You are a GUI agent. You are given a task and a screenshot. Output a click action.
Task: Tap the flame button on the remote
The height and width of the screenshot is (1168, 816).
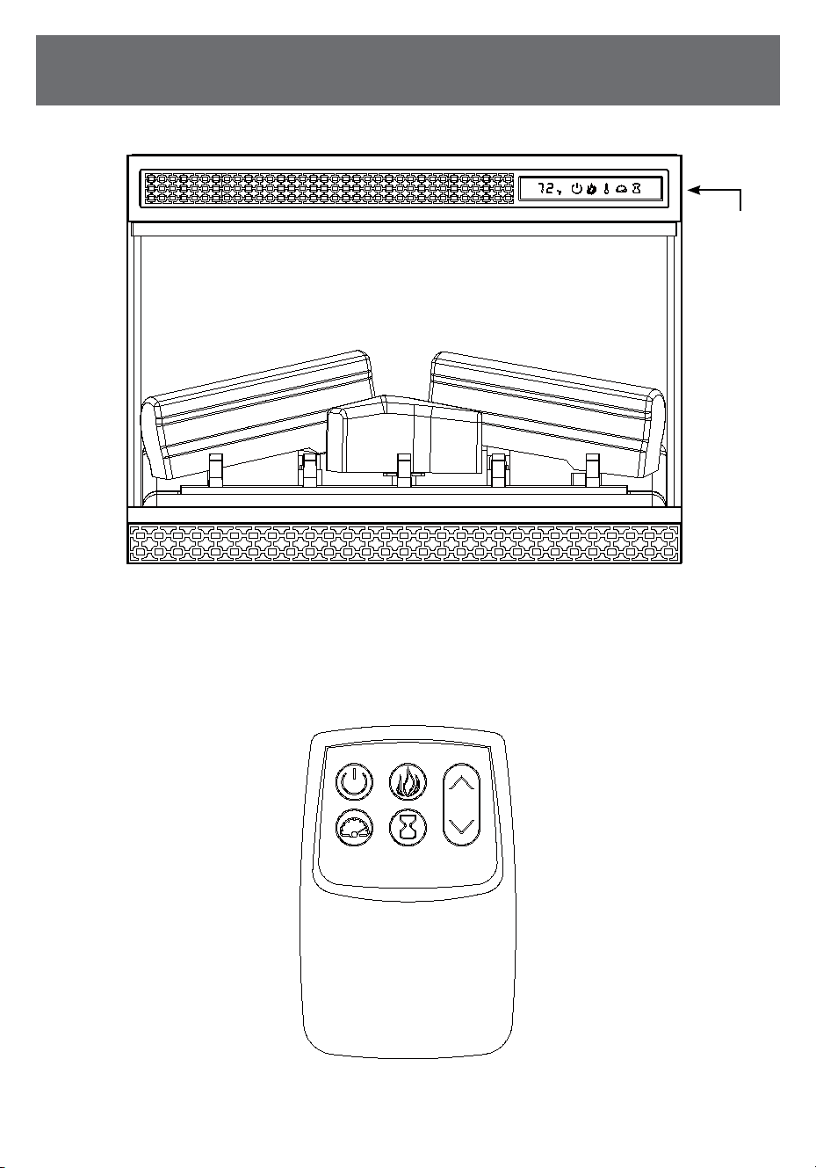[408, 782]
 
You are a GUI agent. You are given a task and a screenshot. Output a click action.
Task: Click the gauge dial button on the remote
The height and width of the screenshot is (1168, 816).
[354, 827]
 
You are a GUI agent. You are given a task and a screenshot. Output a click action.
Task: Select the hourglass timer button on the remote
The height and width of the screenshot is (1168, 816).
[408, 827]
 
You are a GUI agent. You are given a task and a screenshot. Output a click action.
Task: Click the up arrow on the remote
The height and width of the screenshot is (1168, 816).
[461, 783]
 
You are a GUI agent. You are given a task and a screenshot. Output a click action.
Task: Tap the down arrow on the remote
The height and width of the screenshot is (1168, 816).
[461, 826]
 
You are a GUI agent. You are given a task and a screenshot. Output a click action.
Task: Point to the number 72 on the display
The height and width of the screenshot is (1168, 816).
[546, 188]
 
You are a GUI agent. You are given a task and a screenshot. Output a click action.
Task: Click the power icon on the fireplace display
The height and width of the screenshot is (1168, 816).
[576, 188]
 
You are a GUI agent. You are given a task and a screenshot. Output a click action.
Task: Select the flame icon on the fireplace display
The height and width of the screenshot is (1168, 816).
[591, 188]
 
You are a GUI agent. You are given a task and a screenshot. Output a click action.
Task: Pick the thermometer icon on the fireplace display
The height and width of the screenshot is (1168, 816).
[606, 188]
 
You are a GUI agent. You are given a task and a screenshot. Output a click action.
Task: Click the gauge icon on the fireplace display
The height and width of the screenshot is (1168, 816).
[621, 189]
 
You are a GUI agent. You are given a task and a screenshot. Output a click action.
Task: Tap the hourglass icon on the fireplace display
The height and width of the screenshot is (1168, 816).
[636, 188]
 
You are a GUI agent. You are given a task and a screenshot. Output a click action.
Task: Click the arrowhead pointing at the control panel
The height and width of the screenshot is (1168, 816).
[694, 191]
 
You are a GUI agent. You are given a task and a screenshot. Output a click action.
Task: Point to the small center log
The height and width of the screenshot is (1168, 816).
[404, 434]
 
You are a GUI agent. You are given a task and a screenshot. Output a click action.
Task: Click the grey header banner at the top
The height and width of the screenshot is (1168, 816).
[408, 70]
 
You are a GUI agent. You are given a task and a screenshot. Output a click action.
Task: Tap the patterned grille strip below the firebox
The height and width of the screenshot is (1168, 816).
[404, 543]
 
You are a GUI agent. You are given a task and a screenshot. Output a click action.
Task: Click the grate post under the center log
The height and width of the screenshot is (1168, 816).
[404, 470]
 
